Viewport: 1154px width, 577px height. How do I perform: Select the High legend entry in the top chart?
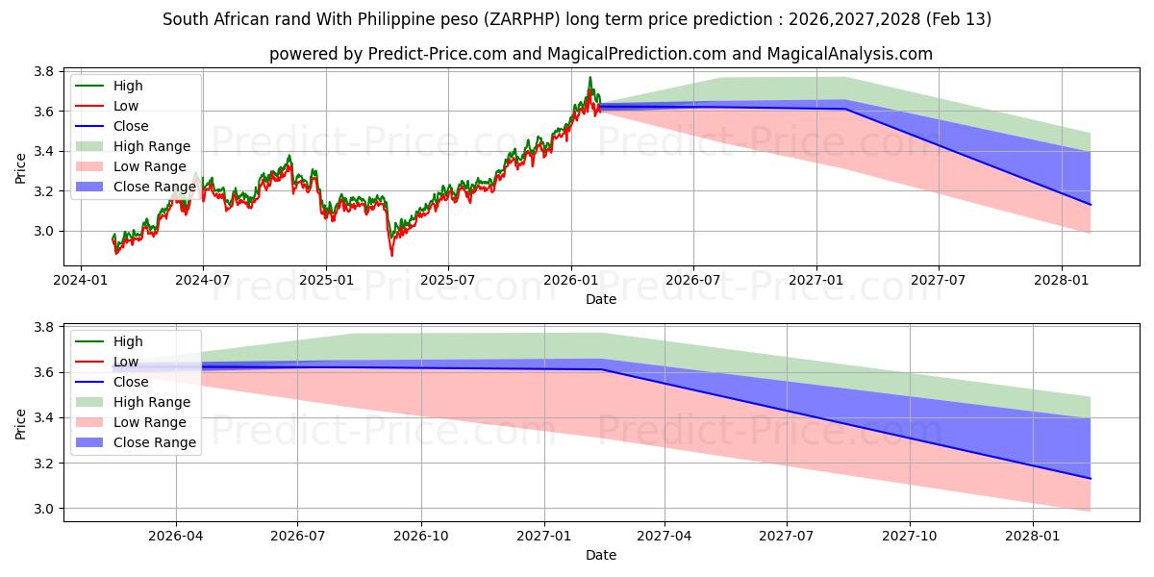point(127,86)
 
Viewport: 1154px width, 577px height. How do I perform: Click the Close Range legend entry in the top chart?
point(154,187)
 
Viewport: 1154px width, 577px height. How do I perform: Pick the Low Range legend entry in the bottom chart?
point(150,422)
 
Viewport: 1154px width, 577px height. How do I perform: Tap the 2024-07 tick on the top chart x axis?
point(203,280)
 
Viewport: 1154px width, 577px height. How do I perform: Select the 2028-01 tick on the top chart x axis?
point(1062,280)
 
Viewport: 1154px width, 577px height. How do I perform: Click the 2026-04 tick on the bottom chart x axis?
point(176,536)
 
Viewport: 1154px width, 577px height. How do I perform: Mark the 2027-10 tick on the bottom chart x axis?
point(910,536)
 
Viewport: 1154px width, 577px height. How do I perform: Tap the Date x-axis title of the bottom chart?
point(601,555)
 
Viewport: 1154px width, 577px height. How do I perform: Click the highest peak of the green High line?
point(590,77)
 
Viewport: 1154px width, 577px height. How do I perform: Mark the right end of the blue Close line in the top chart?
point(1091,205)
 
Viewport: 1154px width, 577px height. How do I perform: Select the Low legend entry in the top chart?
point(125,106)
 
